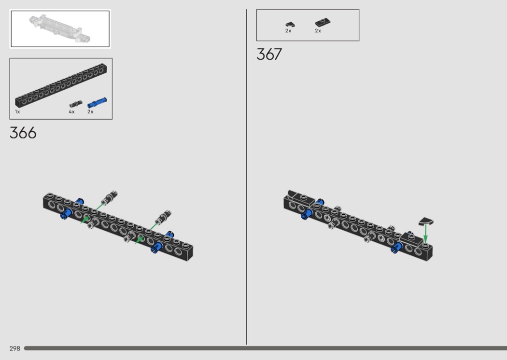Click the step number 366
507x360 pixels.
point(23,133)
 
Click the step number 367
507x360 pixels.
point(269,55)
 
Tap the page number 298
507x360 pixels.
point(15,348)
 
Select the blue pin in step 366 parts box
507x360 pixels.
point(97,102)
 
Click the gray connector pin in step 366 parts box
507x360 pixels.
point(76,104)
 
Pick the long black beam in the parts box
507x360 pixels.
point(61,85)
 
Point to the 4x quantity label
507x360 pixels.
point(71,112)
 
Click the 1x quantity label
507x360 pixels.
point(17,112)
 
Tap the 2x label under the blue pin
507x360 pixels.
point(90,112)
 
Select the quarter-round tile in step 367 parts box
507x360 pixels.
point(290,25)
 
